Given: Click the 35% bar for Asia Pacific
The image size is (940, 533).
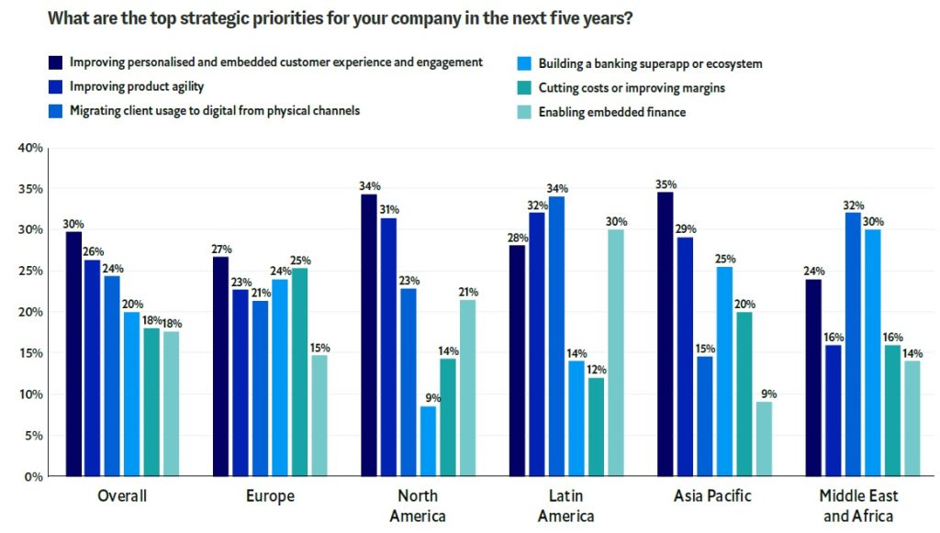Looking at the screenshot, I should [x=665, y=334].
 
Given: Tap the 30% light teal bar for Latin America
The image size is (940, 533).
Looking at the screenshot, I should [x=615, y=353].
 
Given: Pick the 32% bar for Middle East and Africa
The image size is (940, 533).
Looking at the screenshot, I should [x=852, y=345].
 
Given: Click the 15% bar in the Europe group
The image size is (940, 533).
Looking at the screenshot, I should [x=319, y=416].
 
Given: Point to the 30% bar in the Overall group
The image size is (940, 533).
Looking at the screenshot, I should [x=73, y=354].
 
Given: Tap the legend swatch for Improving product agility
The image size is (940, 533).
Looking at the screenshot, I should [x=56, y=87].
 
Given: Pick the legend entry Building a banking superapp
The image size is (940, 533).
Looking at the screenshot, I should [x=650, y=64].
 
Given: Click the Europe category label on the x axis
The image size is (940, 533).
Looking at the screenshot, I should [x=270, y=496].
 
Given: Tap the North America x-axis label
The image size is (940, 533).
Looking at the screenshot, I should [x=418, y=505].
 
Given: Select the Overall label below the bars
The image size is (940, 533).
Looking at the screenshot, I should [x=122, y=496].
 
